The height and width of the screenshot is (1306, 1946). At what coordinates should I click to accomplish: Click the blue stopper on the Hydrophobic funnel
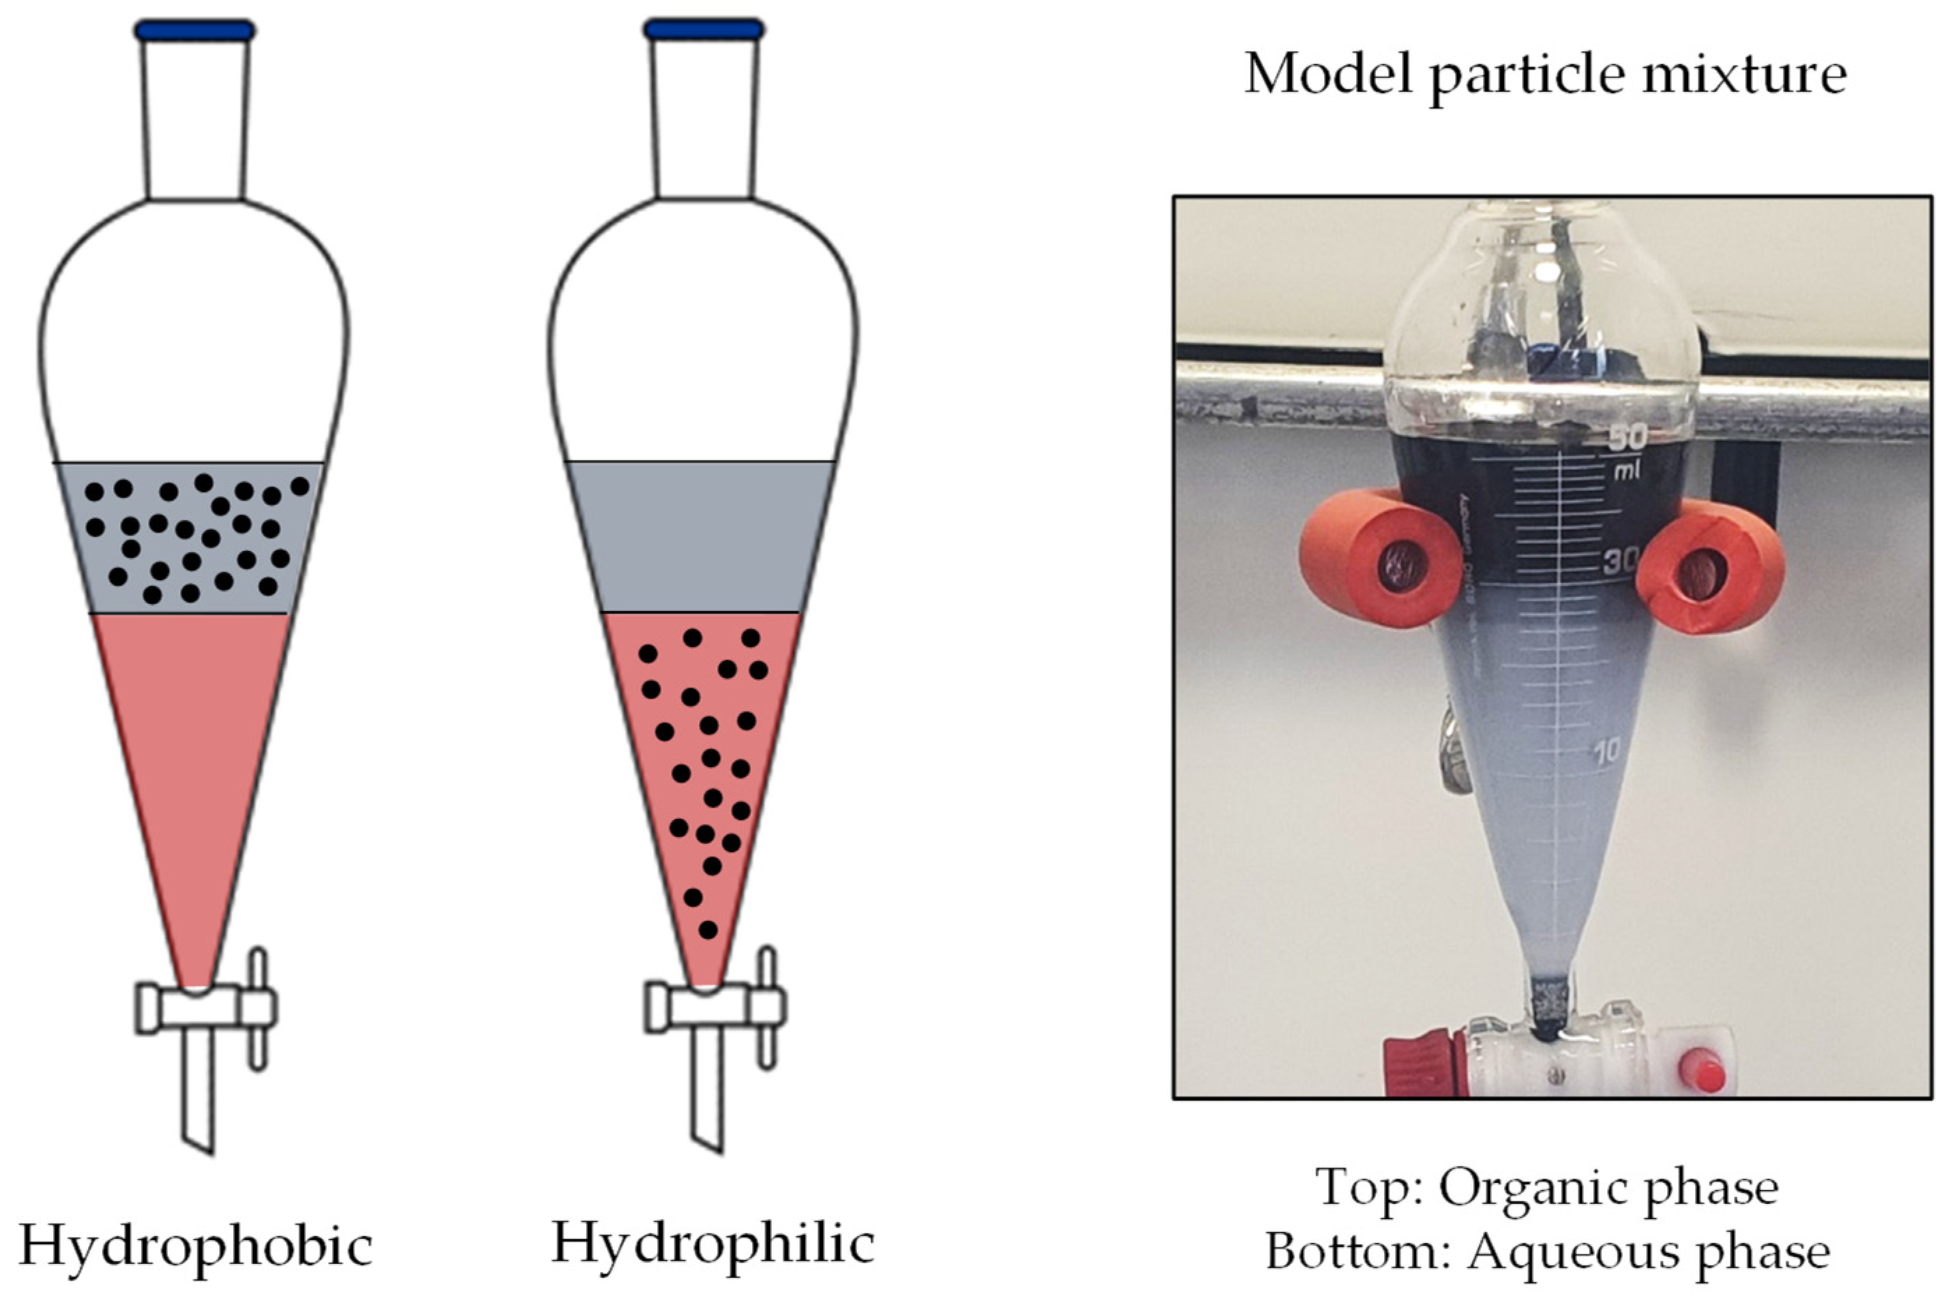pos(195,31)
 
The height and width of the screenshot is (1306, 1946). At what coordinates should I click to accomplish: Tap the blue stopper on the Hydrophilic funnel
pos(704,30)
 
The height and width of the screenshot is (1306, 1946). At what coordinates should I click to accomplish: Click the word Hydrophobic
pos(196,1247)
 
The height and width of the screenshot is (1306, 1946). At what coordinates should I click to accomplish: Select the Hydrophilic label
pos(713,1243)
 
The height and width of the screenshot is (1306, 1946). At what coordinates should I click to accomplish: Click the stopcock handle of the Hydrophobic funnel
pos(258,1008)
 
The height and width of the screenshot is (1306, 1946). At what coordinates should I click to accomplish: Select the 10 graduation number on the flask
pos(1606,751)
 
